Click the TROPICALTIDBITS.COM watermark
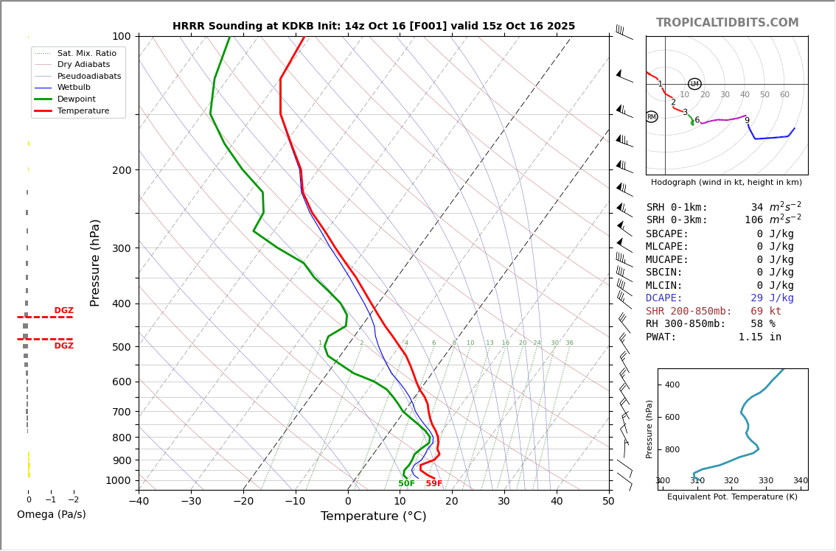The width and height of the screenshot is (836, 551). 727,23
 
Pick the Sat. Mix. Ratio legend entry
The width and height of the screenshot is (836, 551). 86,53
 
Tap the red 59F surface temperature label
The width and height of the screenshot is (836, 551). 433,484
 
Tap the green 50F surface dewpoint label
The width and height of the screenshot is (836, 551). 406,484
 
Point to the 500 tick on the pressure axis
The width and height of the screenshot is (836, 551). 121,347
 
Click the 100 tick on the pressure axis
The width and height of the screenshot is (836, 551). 121,36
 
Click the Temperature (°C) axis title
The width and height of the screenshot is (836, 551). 373,517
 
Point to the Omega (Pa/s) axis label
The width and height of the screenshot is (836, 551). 51,515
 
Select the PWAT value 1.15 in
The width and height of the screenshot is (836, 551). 760,337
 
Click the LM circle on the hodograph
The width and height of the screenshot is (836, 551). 694,84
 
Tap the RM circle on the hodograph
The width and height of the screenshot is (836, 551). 651,117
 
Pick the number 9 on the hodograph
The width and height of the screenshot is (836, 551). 747,121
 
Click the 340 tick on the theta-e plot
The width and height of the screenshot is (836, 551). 800,481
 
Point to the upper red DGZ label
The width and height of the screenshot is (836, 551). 63,311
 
